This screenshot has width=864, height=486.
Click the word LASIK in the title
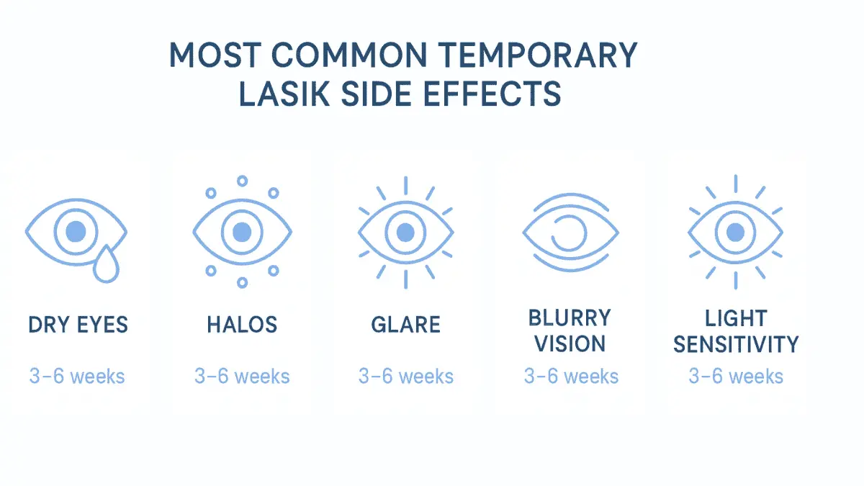coord(294,94)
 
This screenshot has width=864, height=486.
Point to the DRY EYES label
coord(78,325)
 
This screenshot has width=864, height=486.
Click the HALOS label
coord(242,325)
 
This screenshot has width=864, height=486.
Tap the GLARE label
coord(405,325)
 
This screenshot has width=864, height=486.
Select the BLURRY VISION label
coord(570,330)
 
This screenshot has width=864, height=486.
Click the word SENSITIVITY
coord(736,344)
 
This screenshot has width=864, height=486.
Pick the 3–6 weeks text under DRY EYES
coord(77,376)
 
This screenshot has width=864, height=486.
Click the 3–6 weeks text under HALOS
coord(242,376)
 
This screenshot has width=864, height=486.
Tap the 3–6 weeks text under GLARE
coord(406,376)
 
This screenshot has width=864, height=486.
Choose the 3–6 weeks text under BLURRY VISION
coord(571,376)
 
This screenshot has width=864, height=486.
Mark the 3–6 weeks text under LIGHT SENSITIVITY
coord(736,376)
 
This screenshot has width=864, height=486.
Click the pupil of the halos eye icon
coord(243,232)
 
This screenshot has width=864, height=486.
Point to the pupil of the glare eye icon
coord(406,232)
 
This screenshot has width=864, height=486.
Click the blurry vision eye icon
coord(571,232)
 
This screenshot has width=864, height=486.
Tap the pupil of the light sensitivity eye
coord(735,232)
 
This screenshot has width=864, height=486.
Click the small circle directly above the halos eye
coord(243,181)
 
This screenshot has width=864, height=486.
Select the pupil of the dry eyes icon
coord(76,232)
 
